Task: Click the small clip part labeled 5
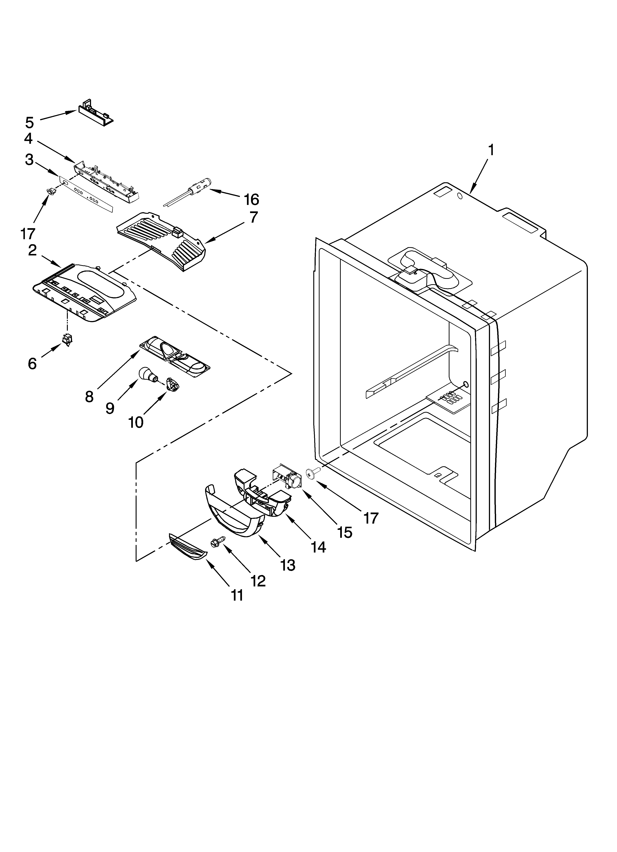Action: click(x=96, y=112)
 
